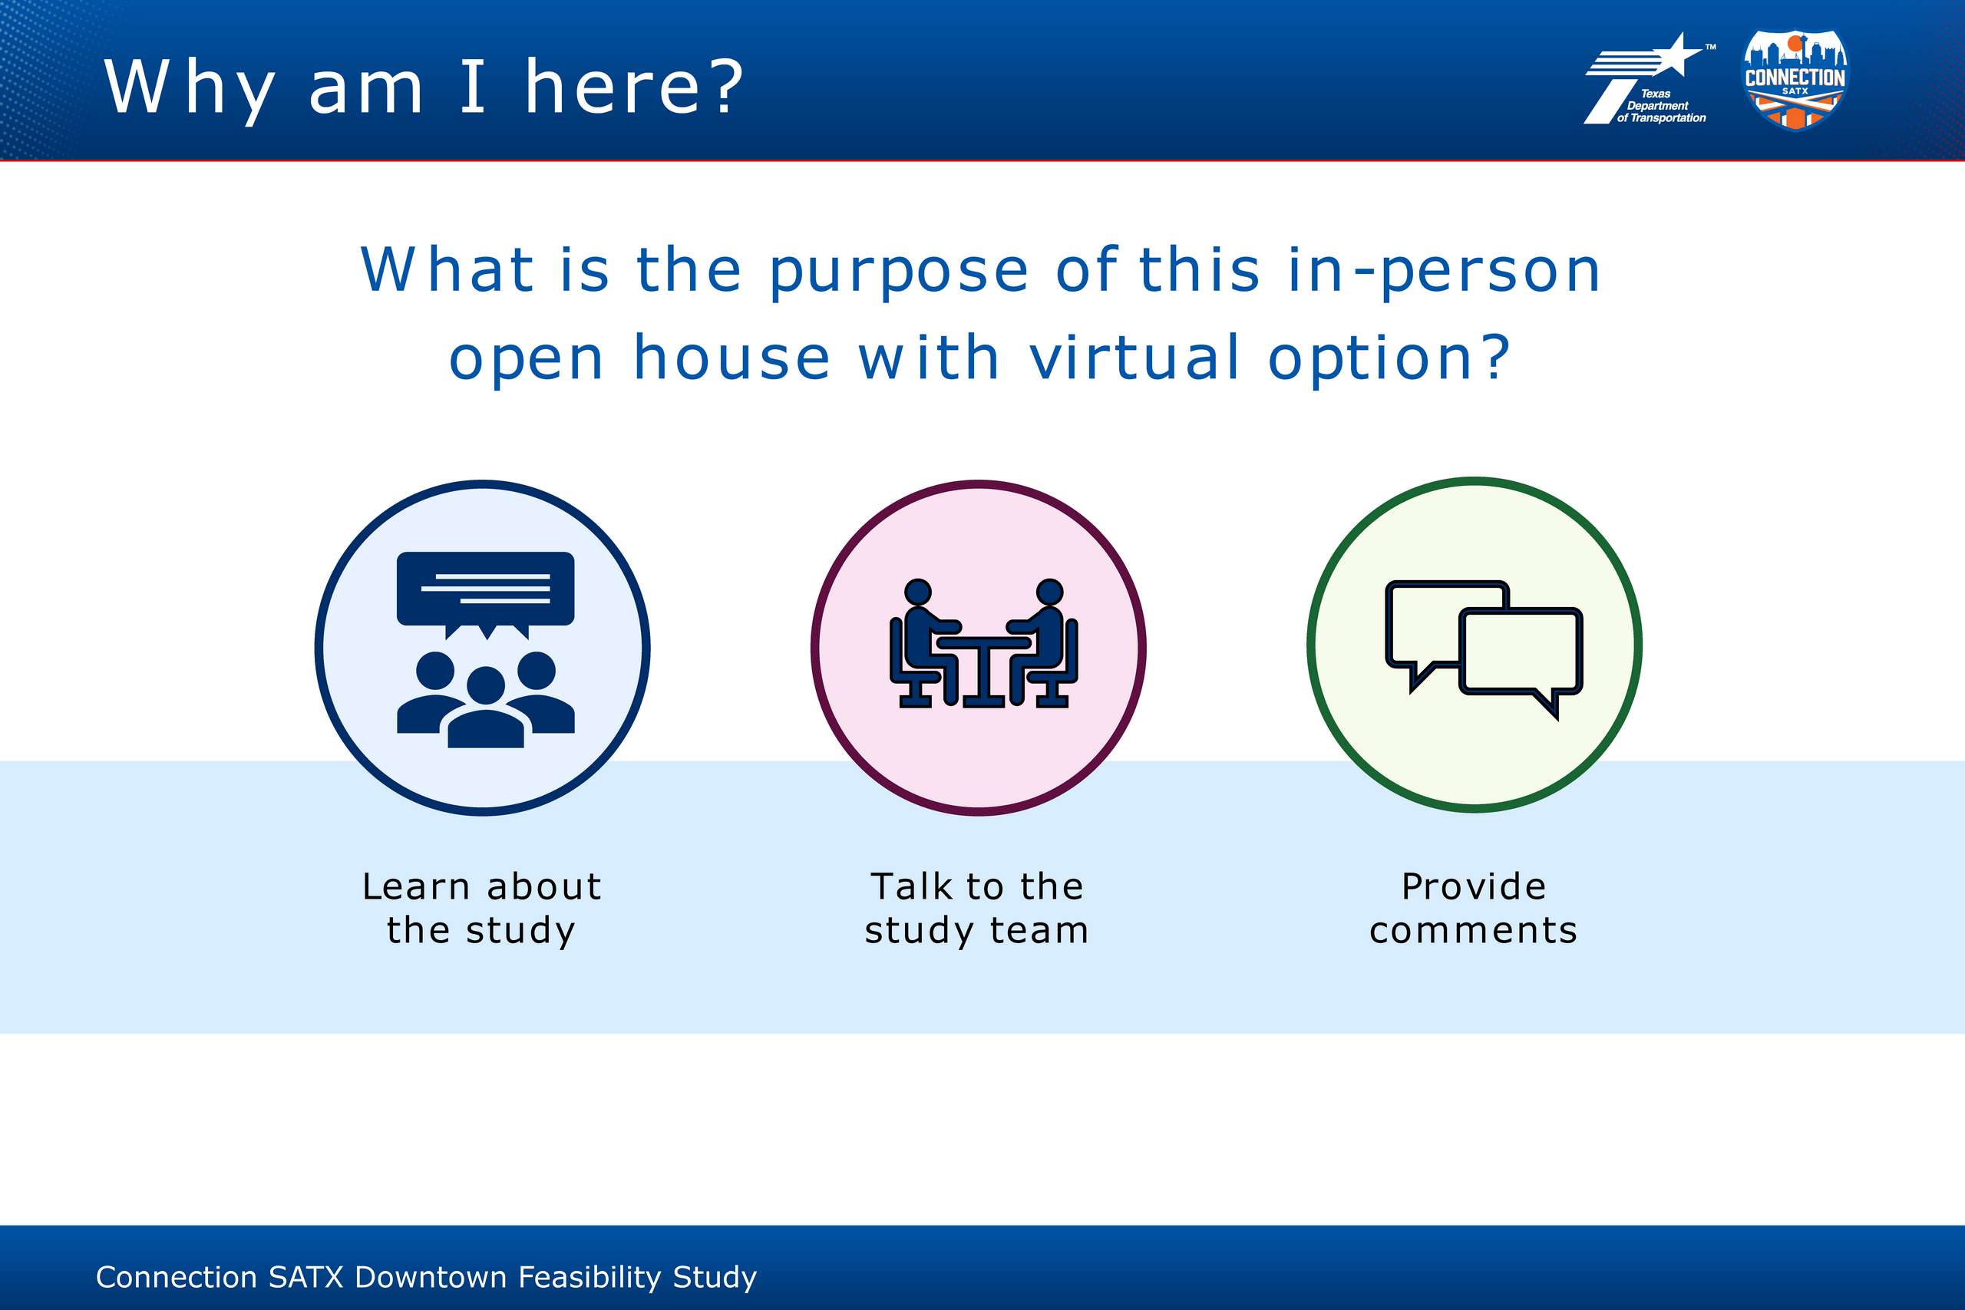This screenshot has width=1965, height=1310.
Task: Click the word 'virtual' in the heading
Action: coord(1134,358)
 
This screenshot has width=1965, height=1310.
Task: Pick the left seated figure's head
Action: coord(917,592)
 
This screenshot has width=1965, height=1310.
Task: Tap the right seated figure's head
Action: coord(1049,592)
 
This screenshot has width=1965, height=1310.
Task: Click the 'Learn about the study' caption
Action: coord(482,909)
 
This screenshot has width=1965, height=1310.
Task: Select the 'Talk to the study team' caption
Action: coord(976,909)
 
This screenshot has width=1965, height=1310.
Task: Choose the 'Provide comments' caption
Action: coord(1474,909)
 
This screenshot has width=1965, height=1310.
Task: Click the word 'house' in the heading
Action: coord(732,358)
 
